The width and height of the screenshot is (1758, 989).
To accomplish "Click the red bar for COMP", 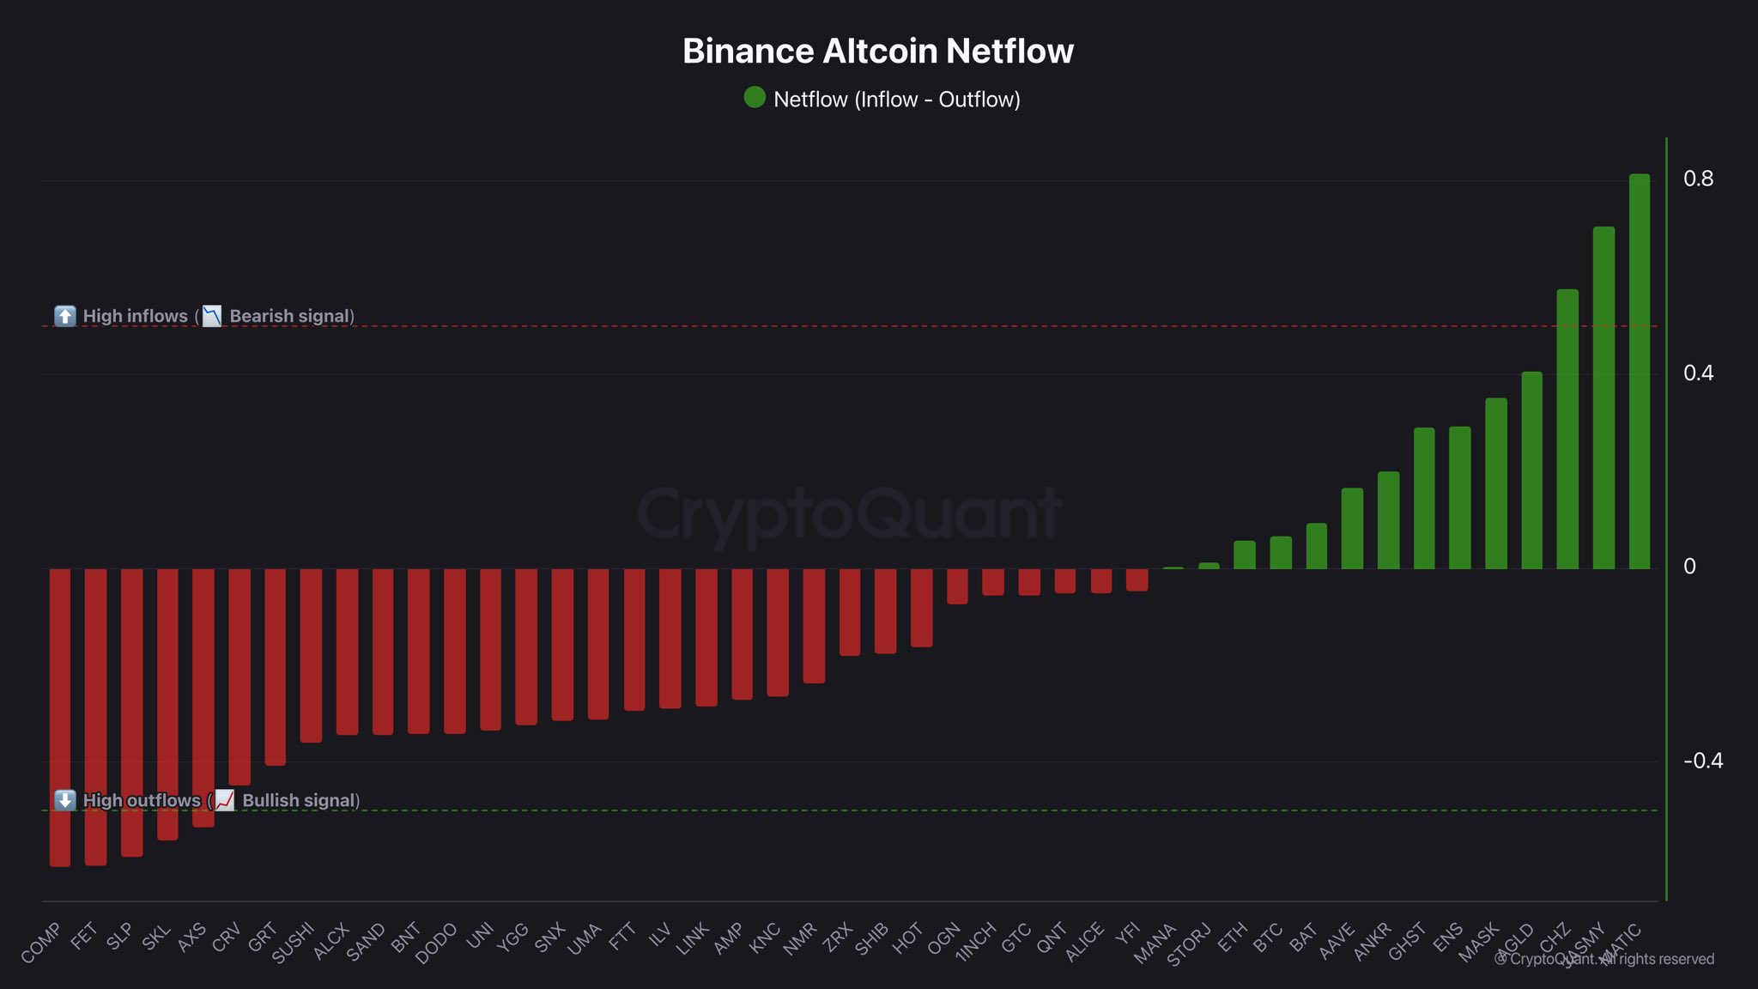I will coord(60,717).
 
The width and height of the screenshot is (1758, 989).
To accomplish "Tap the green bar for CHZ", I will coord(1567,429).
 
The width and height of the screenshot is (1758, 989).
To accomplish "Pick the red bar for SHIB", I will coord(885,610).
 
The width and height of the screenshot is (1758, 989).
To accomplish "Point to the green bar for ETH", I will coord(1244,555).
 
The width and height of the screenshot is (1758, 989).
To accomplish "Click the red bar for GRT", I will coord(275,666).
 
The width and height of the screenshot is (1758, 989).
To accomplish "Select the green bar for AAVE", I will coord(1352,528).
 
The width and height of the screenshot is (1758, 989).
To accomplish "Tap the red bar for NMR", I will coord(814,626).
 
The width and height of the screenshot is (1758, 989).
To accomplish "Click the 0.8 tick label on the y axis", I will coord(1698,179).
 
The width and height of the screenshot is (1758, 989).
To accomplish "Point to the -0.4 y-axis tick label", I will coord(1702,761).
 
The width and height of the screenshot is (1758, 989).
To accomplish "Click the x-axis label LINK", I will coord(693,938).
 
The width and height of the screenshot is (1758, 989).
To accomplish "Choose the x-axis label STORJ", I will coord(1189,943).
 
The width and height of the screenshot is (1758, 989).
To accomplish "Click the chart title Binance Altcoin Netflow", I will coord(877,52).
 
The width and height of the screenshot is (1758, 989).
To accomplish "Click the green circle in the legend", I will coord(755,98).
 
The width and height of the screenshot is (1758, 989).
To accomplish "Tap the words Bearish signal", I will coord(290,316).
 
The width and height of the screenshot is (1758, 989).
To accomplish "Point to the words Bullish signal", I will coord(299,800).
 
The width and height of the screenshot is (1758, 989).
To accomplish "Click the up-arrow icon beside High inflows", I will coord(65,316).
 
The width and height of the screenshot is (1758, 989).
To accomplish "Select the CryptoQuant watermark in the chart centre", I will coord(848,513).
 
